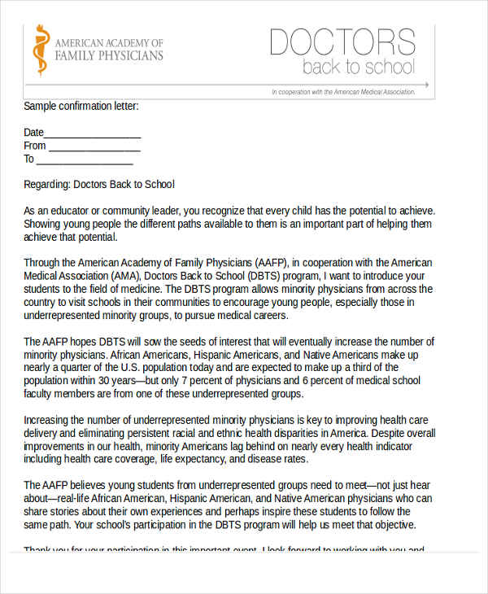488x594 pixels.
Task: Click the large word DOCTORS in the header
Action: click(x=342, y=42)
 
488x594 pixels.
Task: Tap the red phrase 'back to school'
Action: click(x=359, y=67)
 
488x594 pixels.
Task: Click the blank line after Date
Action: click(x=93, y=133)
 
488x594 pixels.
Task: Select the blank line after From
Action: click(x=95, y=146)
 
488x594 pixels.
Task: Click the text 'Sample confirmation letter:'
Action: click(x=81, y=106)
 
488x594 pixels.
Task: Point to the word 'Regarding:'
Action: click(x=47, y=184)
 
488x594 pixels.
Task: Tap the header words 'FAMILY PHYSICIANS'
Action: click(x=108, y=56)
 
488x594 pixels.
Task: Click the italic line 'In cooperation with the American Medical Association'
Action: click(x=343, y=92)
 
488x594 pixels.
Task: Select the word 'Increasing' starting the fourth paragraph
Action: click(x=49, y=420)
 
